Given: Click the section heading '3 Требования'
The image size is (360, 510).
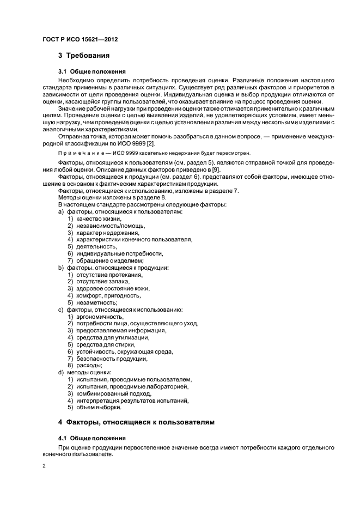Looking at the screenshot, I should point(84,55).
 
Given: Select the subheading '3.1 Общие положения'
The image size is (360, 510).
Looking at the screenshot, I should point(91,71).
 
